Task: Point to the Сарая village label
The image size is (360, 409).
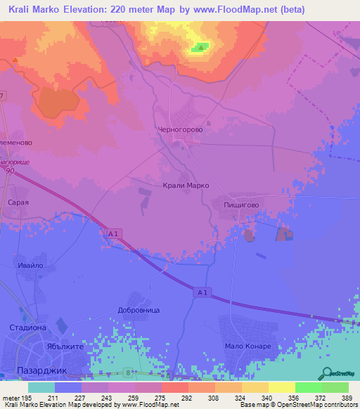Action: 18,202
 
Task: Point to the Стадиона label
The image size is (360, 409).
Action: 27,327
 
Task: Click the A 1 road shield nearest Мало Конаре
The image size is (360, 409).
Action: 202,292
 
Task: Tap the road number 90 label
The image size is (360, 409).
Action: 10,171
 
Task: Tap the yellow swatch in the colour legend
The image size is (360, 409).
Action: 281,387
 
